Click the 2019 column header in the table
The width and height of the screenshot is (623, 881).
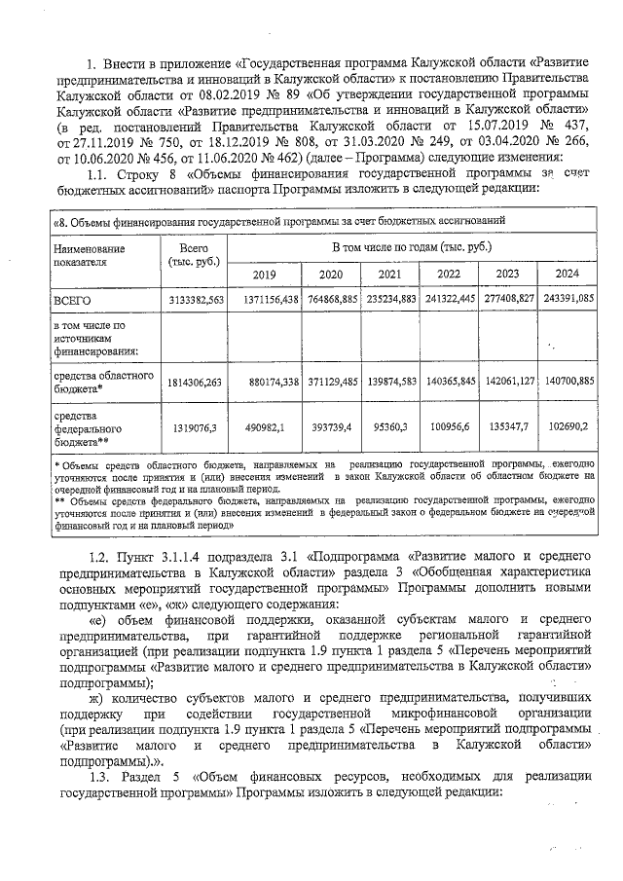(x=266, y=274)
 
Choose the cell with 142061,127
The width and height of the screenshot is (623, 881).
(x=506, y=382)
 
